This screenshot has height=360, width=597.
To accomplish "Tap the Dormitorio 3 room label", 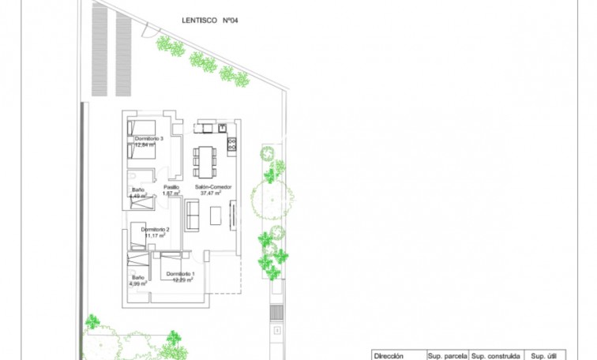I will (148, 139).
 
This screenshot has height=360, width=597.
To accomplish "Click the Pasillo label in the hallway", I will (171, 187).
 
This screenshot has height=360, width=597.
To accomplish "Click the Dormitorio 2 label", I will (156, 229).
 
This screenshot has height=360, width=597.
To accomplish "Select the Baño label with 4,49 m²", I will (138, 189).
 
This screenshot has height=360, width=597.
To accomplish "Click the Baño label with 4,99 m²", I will (138, 277).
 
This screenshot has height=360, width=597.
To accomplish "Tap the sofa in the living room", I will (192, 213).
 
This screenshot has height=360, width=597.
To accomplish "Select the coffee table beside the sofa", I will (214, 213).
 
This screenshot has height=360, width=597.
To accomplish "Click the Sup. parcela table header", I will (447, 356).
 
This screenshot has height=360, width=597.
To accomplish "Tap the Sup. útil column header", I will (545, 356).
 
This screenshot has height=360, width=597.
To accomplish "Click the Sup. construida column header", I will (495, 356).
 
